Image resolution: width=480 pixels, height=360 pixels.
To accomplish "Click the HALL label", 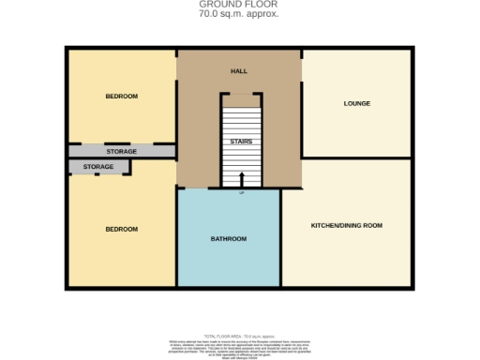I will [239, 71].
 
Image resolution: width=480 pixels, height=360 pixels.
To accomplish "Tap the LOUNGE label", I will [356, 103].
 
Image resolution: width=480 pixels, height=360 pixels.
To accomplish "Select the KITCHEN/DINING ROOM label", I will [346, 225].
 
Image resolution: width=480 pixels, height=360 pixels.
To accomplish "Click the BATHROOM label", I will [228, 239].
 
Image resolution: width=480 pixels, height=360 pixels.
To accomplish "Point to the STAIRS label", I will [241, 142].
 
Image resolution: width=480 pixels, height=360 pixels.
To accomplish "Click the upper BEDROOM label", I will [121, 96].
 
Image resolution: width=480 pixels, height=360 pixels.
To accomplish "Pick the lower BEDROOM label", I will [121, 229].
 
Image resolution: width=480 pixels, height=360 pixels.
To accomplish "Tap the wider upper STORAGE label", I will [121, 151].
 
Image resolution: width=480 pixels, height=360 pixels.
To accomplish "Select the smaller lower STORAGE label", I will [98, 167].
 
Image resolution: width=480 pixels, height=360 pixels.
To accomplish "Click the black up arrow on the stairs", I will [241, 179].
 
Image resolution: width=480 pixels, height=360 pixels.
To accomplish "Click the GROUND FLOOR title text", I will [239, 5].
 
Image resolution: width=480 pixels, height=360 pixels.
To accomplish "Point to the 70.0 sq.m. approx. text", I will [239, 15].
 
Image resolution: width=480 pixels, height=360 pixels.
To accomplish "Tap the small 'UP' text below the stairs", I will [241, 193].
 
